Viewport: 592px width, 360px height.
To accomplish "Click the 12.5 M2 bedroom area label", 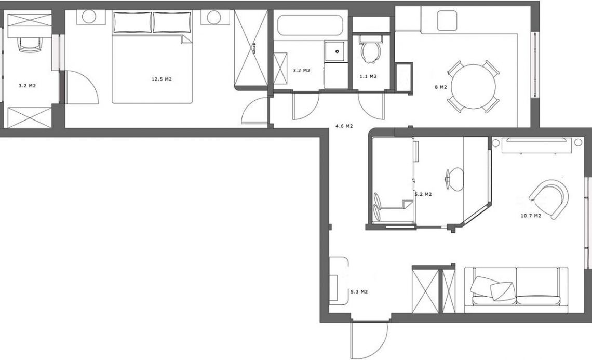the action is [162, 79].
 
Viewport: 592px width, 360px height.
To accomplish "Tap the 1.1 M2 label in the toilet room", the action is [368, 77].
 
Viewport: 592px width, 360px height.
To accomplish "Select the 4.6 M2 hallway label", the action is [344, 126].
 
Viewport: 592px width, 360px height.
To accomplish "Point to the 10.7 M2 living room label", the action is [531, 216].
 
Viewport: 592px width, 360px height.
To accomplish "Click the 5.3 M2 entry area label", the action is [359, 292].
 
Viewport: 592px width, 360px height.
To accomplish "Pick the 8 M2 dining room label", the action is [440, 87].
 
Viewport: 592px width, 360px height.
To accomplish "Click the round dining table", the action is [474, 87].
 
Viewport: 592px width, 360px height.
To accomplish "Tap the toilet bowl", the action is [370, 50].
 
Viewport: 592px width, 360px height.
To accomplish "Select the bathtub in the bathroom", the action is [310, 25].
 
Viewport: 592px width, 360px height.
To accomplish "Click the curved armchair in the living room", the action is [549, 198].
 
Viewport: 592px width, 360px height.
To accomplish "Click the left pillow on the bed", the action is [132, 22].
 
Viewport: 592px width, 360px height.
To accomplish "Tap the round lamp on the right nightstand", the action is [214, 17].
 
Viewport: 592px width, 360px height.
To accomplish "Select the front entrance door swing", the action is [369, 340].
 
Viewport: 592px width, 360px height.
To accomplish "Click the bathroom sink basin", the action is [335, 51].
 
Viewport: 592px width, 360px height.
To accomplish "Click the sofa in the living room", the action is [516, 290].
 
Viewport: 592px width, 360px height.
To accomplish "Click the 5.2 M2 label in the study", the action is [423, 194].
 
